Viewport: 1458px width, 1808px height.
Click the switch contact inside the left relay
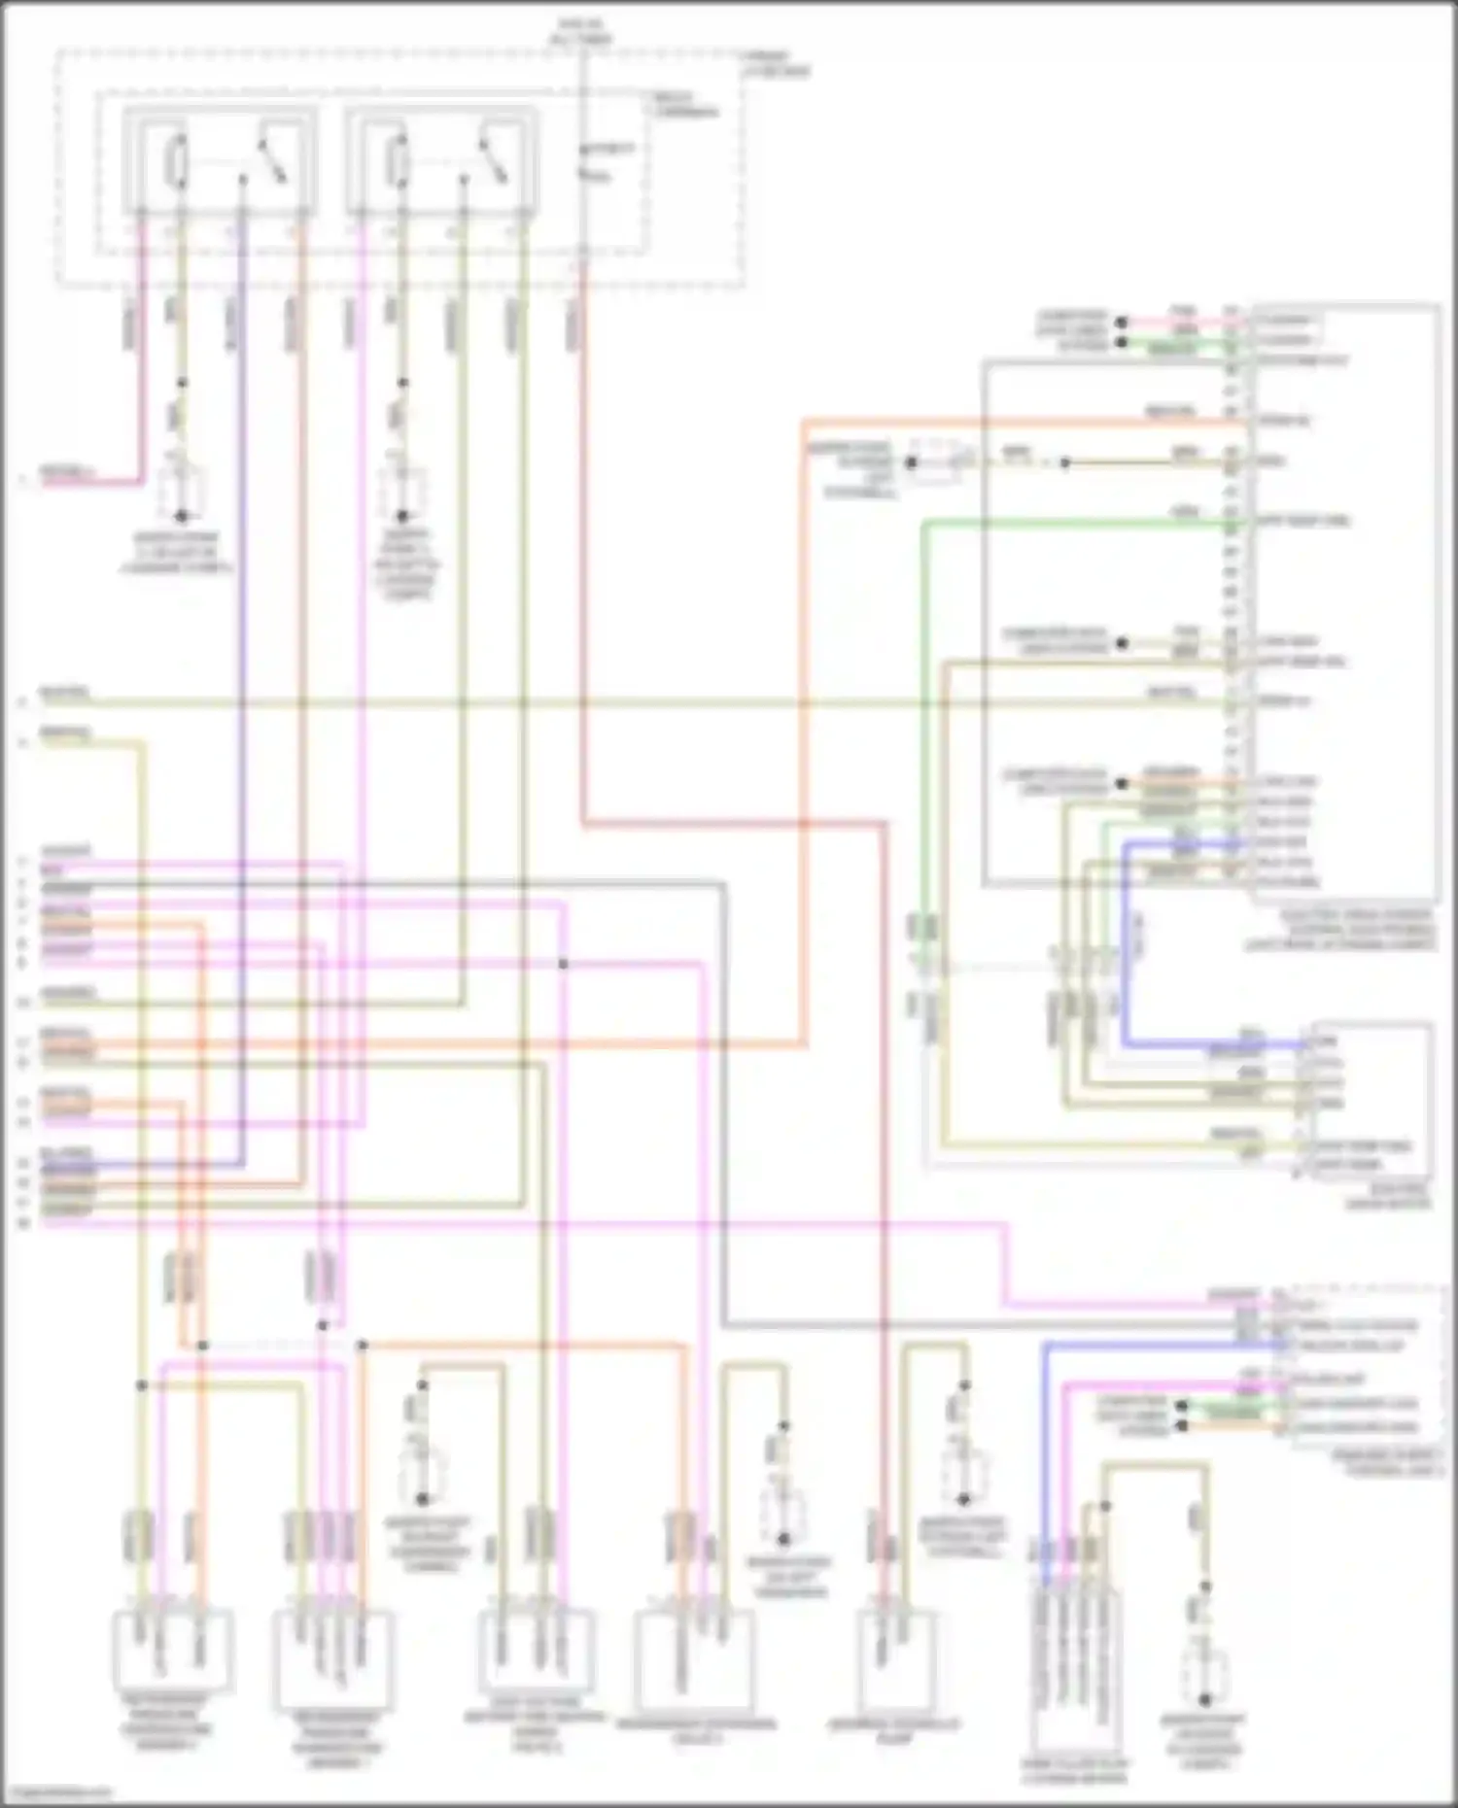tap(271, 160)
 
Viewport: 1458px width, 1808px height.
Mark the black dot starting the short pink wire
tap(1121, 322)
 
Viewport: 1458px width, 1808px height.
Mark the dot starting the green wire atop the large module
tap(1121, 342)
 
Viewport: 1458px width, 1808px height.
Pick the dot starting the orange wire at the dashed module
tap(1182, 1426)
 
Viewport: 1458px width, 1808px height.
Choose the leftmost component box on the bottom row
tap(173, 1650)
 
